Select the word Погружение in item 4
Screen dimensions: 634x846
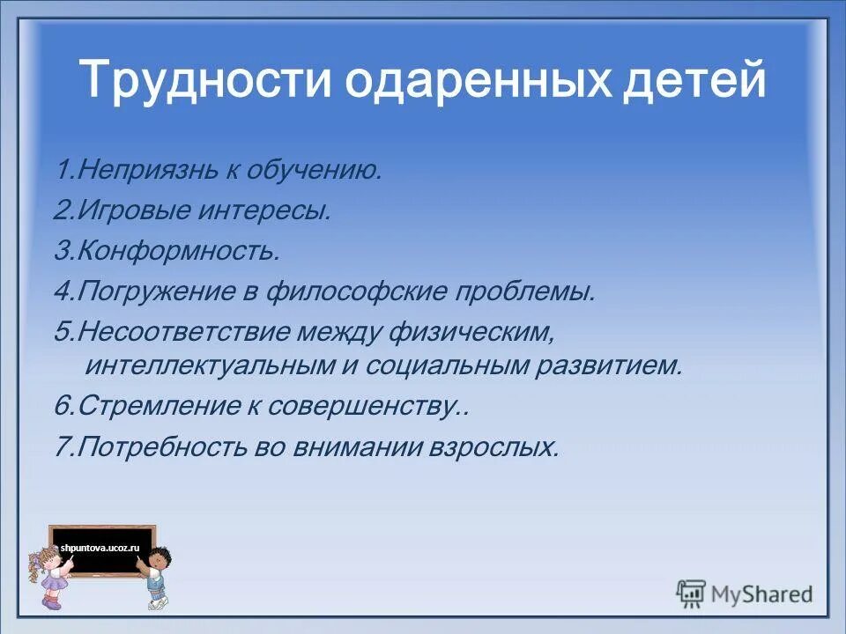[x=160, y=291]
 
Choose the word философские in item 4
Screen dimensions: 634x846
[x=357, y=291]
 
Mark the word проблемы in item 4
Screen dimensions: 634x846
[x=529, y=291]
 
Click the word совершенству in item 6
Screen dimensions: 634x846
[x=377, y=406]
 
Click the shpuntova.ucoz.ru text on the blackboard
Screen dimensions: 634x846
[x=100, y=548]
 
